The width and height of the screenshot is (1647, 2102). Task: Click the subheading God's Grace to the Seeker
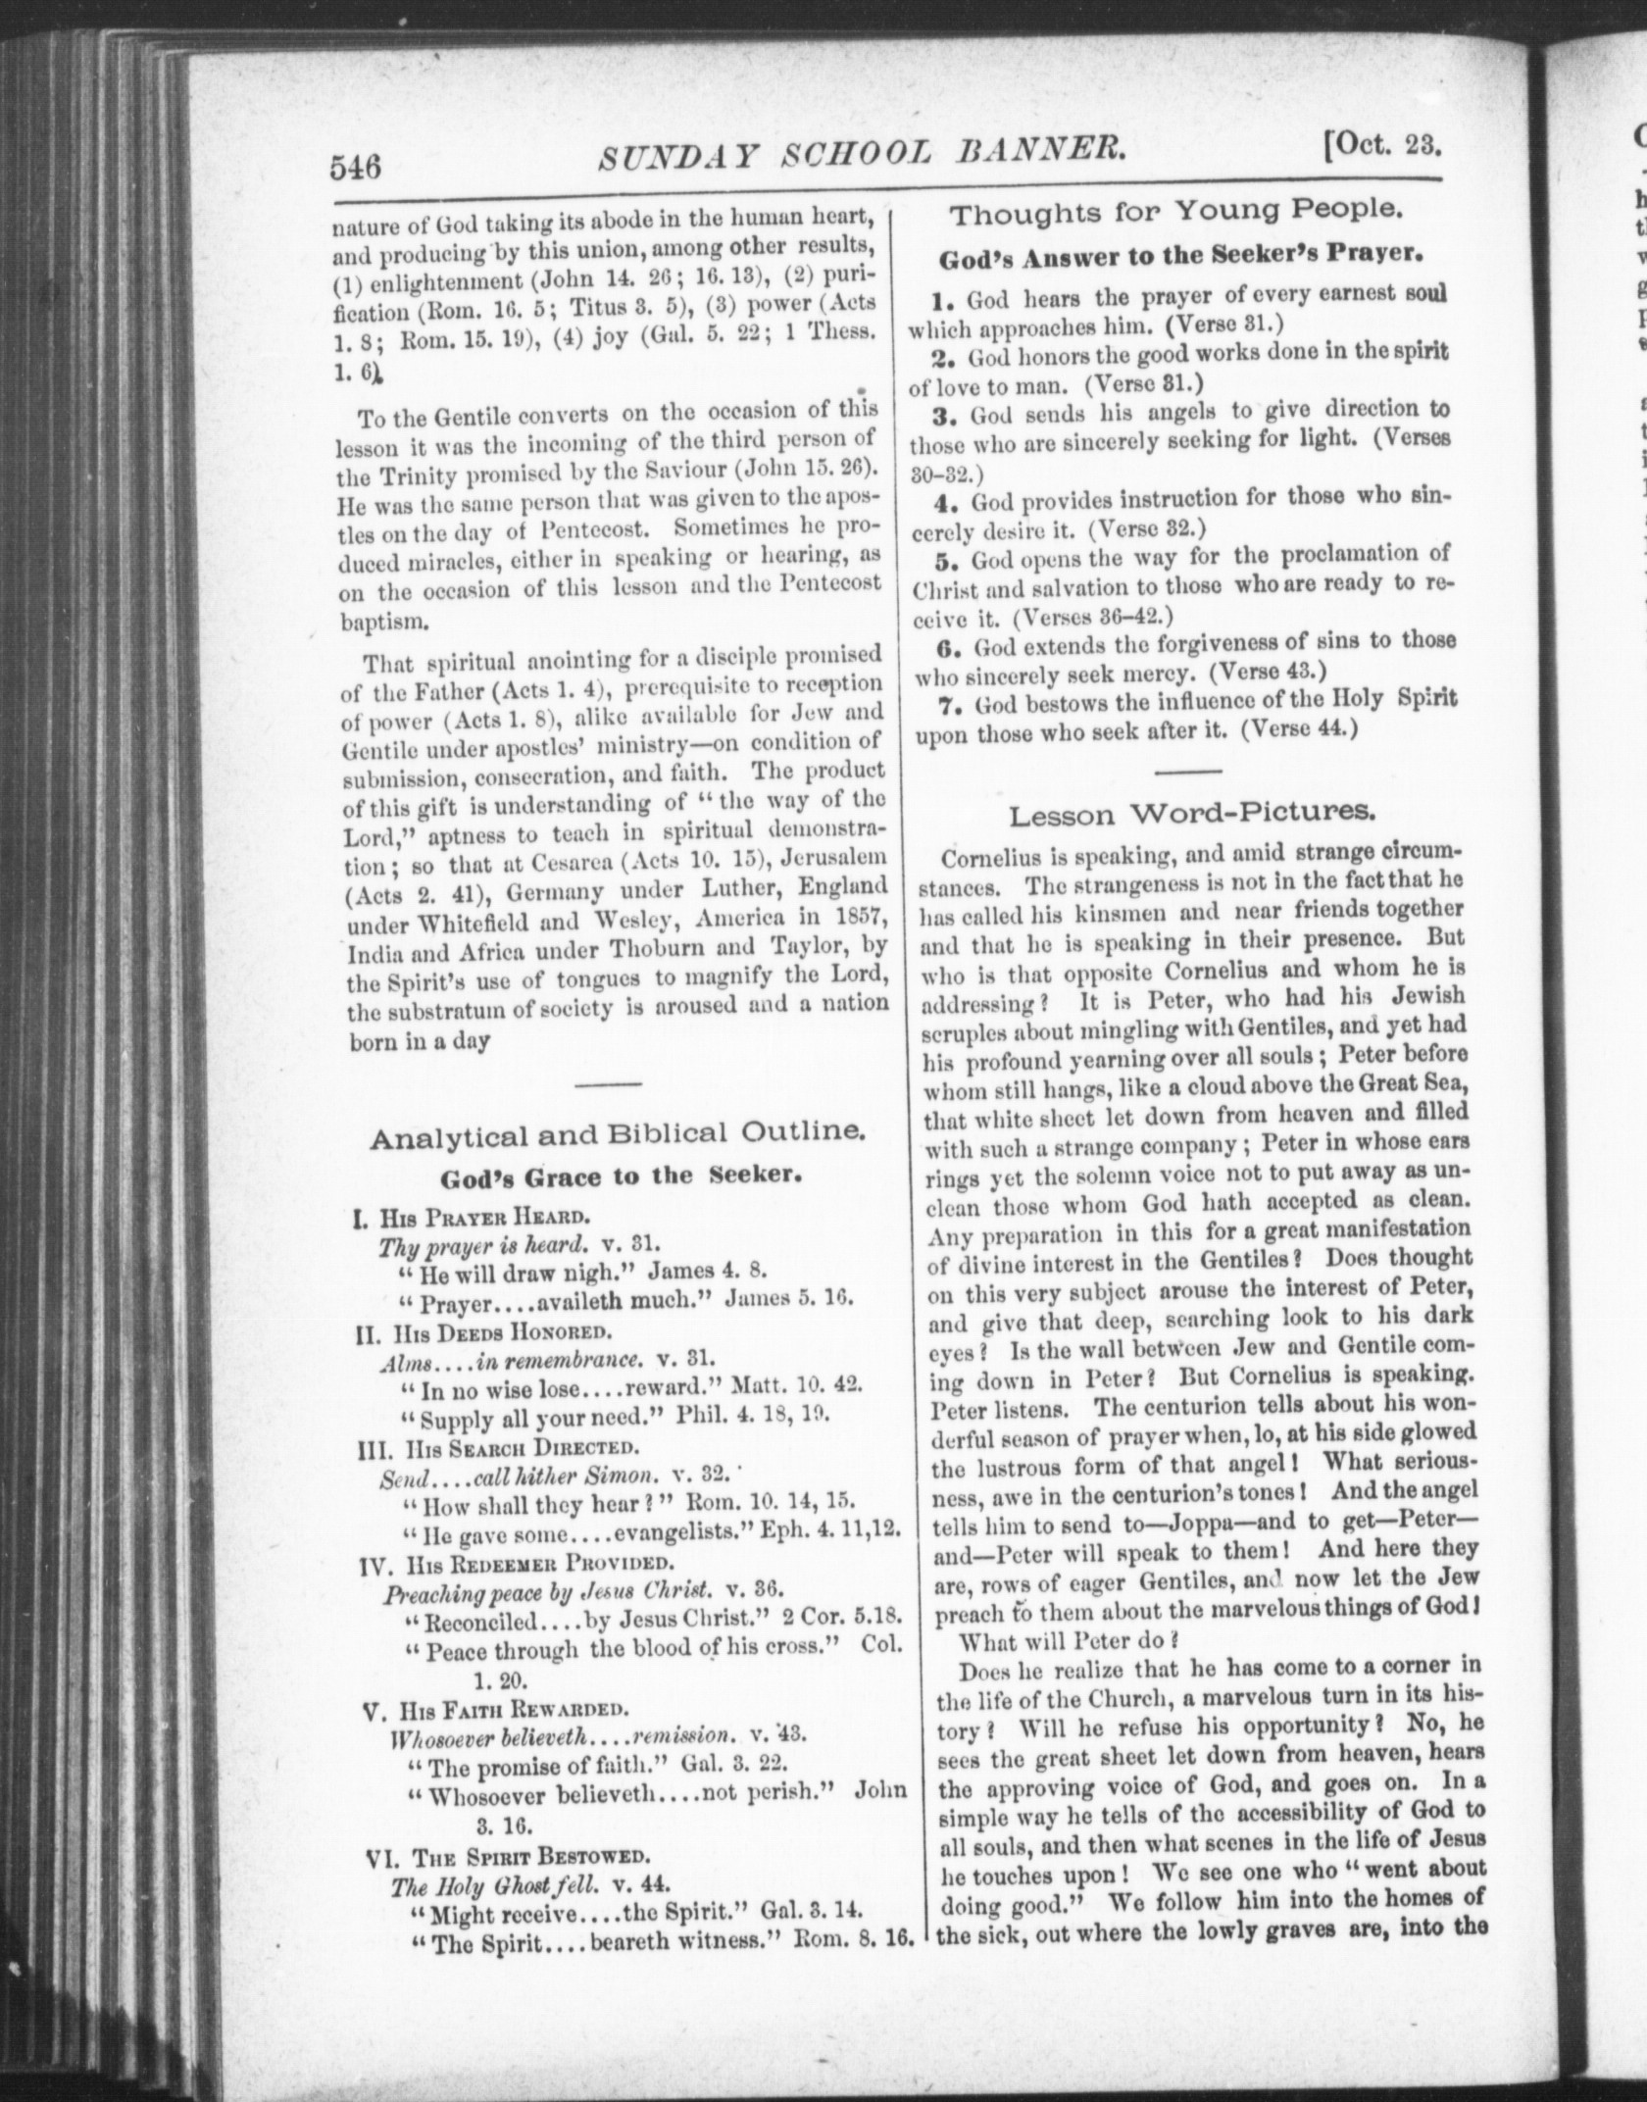click(621, 1176)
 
